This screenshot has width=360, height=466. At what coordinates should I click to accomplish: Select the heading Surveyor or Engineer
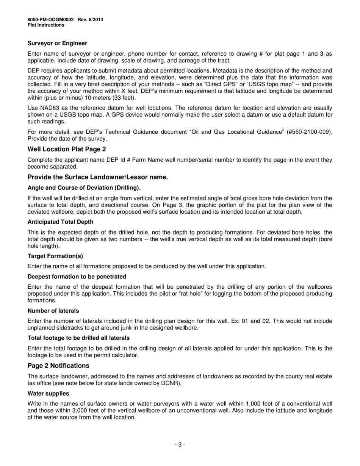(57, 43)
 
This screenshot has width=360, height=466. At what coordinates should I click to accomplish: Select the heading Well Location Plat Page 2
(67, 149)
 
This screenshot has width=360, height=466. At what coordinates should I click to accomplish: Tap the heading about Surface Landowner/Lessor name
(98, 177)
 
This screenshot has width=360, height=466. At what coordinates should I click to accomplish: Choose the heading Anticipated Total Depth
(60, 222)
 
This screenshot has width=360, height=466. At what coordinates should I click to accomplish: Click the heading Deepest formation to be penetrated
(77, 277)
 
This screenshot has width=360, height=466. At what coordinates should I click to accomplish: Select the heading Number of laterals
(53, 311)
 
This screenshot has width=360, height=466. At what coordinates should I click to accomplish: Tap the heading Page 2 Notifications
(58, 366)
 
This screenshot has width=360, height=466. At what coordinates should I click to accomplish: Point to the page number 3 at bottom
(180, 444)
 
